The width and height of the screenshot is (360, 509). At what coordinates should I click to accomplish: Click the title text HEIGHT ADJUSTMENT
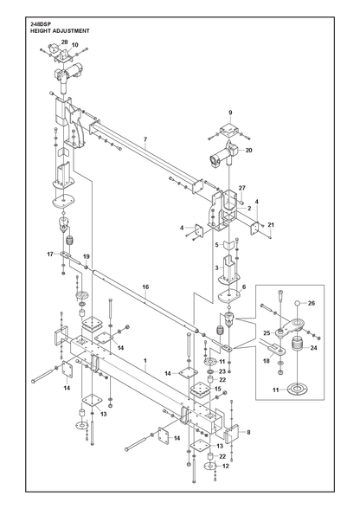coord(60,31)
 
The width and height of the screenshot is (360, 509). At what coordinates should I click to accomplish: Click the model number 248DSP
coord(39,24)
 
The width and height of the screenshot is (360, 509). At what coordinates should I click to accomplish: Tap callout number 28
coord(65,42)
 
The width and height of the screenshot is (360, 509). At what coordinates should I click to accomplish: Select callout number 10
coord(75,45)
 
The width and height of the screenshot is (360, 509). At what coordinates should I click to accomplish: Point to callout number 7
coord(145,139)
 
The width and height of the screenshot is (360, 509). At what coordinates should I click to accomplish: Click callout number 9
coord(230,113)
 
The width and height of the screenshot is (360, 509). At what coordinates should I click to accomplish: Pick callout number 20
coord(249,151)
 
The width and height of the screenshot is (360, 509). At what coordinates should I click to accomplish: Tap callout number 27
coord(242,188)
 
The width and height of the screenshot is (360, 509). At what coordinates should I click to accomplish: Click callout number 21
coord(271,225)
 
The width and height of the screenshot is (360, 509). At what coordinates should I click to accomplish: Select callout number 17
coord(50,254)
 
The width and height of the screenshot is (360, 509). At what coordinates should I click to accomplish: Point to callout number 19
coord(86,257)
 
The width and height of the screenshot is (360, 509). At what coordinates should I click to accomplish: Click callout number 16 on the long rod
coord(145,287)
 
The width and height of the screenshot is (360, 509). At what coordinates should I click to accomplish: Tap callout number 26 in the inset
coord(312,303)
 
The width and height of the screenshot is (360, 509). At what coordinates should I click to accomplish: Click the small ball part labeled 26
coord(297,303)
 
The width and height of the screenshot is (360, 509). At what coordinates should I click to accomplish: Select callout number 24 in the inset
coord(313,348)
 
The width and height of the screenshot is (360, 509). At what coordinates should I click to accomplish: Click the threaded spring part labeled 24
coord(298,344)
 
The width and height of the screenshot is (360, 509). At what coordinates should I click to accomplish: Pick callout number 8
coord(248,433)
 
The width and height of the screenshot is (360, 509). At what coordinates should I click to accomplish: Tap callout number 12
coord(226,466)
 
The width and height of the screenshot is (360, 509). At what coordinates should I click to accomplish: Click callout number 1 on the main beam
coord(145,361)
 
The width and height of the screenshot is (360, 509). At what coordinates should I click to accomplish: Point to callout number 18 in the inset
coord(267,361)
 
